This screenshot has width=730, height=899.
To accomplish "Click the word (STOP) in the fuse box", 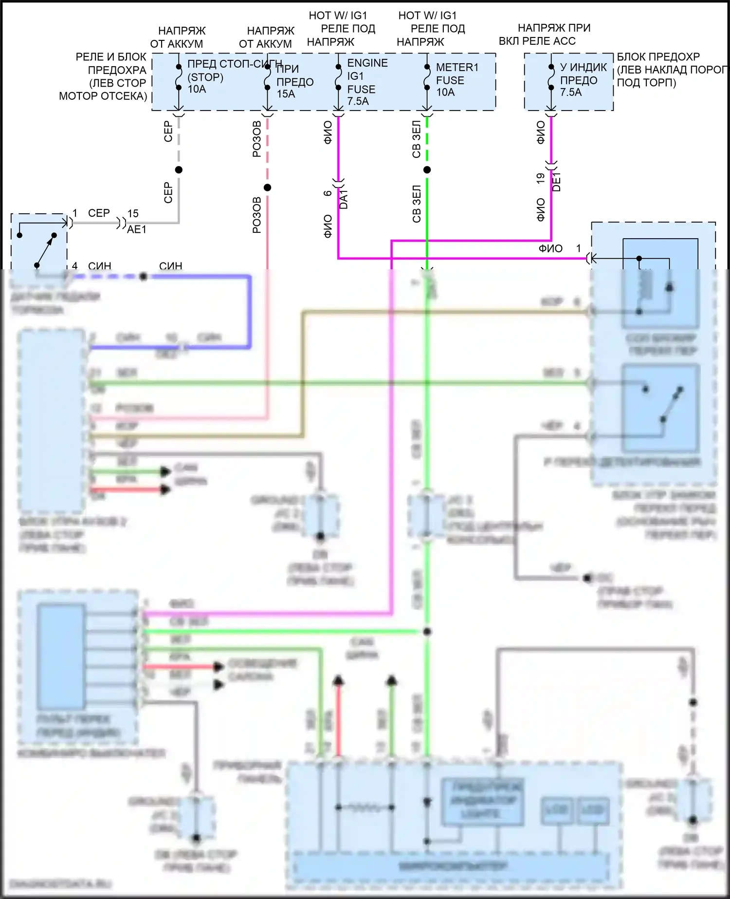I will click(x=205, y=77).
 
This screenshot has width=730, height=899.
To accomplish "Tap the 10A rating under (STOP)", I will click(x=197, y=89).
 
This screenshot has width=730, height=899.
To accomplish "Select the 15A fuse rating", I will click(x=286, y=94).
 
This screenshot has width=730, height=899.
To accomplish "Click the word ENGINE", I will click(x=367, y=63).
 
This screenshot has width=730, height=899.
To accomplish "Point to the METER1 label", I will click(x=457, y=67).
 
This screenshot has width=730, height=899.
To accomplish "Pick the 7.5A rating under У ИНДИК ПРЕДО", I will click(x=570, y=92).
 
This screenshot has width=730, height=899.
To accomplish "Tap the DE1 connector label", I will click(x=557, y=182).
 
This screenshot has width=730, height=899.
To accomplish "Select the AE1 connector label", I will click(x=137, y=229).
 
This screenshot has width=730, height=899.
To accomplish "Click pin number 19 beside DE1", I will click(x=540, y=179).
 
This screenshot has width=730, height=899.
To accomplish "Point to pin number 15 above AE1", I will click(x=133, y=213).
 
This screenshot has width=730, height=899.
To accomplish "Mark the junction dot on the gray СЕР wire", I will click(x=179, y=169).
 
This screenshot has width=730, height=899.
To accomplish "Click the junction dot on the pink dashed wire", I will click(x=267, y=187).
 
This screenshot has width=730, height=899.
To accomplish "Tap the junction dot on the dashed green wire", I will click(x=427, y=170).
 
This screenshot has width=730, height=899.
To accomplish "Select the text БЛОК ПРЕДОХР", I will click(x=658, y=57).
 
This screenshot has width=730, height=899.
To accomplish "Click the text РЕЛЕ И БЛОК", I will click(x=111, y=57).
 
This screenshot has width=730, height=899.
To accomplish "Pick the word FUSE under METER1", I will click(x=450, y=80).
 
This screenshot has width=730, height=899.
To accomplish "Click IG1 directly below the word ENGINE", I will click(x=355, y=76).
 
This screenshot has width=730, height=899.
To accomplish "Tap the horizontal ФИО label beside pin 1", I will click(x=550, y=248).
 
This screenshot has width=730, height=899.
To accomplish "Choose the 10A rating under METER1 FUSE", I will click(x=445, y=92).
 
